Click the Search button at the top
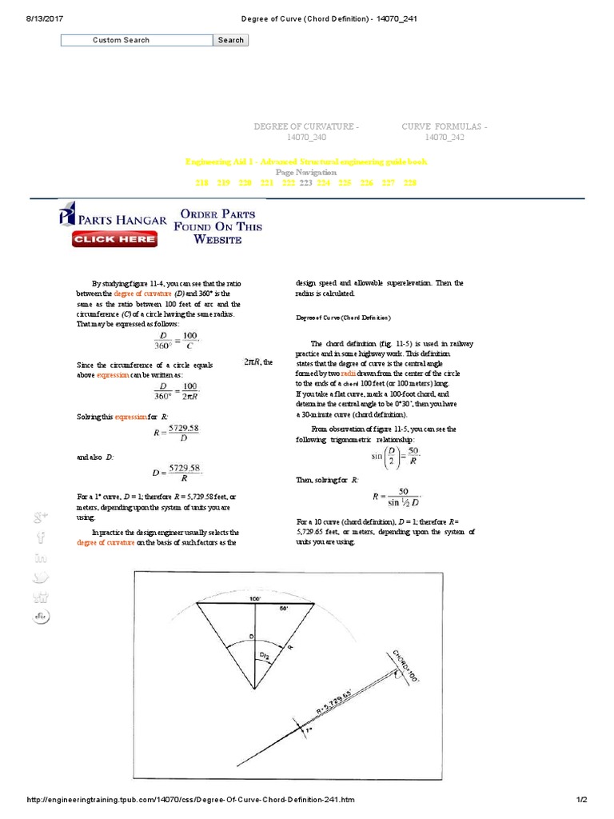tap(230, 40)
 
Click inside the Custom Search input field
tap(137, 40)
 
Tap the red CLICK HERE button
tap(114, 238)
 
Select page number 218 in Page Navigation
tap(201, 183)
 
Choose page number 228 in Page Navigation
tap(410, 183)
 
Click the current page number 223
tap(305, 183)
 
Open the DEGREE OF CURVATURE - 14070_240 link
tap(306, 132)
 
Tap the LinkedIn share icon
tap(41, 557)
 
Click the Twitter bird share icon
tap(41, 577)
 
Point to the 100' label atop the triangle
tap(254, 598)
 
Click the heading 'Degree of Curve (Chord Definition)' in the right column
tap(343, 318)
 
